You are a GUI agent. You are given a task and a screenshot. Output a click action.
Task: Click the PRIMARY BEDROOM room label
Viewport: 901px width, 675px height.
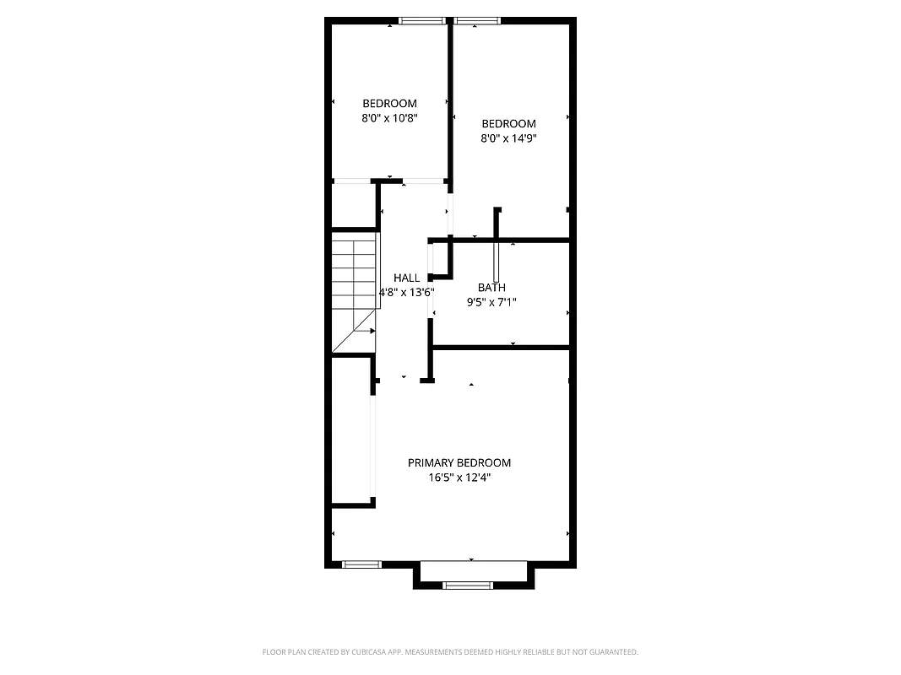[x=459, y=462]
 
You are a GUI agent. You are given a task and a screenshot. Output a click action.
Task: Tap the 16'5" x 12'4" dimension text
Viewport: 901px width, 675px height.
[x=459, y=478]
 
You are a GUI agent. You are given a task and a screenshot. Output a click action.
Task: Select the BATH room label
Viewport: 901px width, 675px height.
[x=491, y=288]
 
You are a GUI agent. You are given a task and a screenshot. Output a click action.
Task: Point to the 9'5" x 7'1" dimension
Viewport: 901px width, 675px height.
[x=491, y=301]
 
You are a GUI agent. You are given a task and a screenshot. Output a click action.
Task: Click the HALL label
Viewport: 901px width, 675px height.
[x=406, y=278]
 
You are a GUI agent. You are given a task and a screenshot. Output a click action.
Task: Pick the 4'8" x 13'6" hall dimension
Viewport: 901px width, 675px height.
[x=406, y=292]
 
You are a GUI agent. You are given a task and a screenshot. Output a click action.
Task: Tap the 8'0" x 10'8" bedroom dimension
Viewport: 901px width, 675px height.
[x=389, y=118]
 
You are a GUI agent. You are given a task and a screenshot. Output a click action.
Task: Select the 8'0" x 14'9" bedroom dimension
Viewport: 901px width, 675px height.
[x=508, y=138]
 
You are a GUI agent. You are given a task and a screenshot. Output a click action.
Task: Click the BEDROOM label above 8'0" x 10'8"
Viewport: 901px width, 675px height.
[x=389, y=104]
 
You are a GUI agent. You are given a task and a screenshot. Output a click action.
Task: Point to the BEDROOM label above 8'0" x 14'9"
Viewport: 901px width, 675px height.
[x=508, y=124]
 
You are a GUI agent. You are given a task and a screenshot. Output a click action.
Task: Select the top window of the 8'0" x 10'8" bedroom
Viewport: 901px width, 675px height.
[x=422, y=21]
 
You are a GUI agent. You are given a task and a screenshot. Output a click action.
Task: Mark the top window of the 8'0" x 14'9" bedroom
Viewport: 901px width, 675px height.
[x=477, y=21]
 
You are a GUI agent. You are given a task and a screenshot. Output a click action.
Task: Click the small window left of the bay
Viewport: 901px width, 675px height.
[x=362, y=564]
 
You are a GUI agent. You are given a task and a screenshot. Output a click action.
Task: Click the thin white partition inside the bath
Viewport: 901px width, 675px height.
[x=497, y=262]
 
